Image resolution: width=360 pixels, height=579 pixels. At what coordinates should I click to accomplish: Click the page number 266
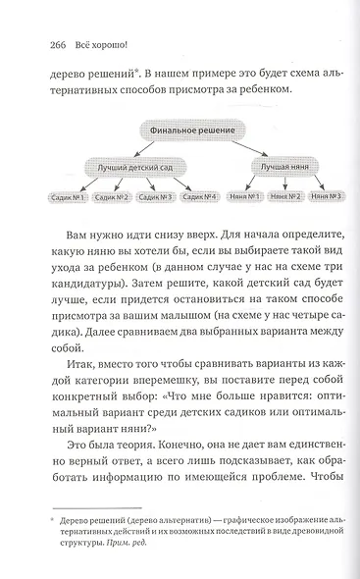(44, 43)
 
